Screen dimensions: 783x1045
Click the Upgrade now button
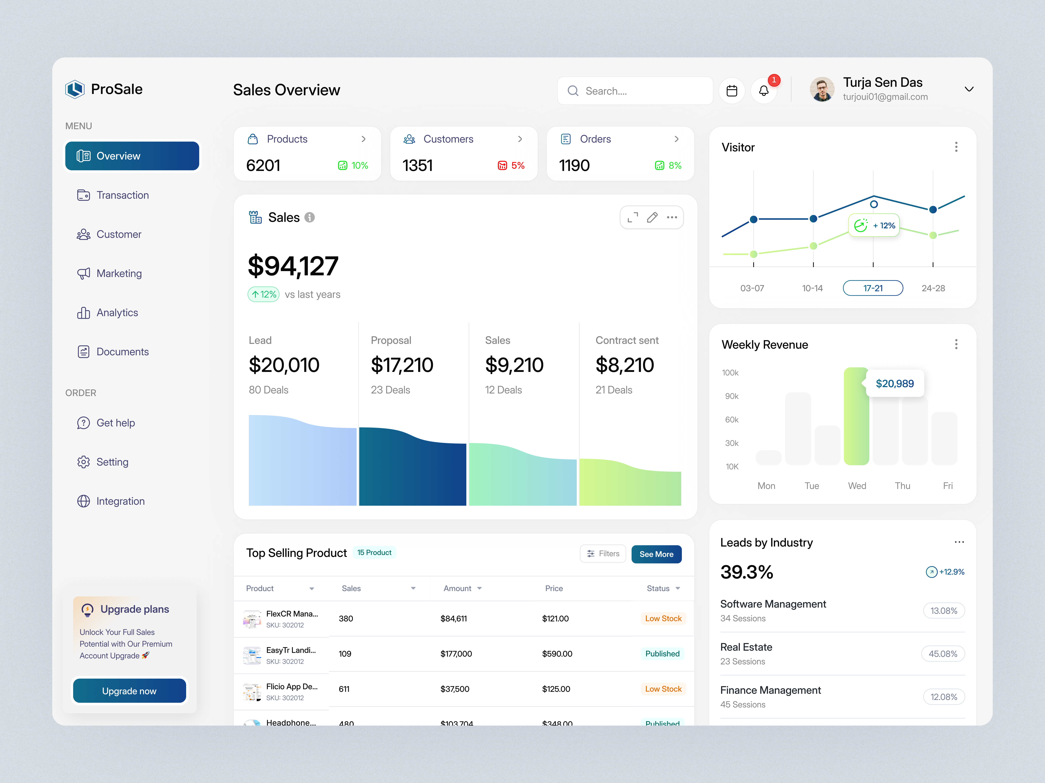129,691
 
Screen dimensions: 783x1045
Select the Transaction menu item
122,195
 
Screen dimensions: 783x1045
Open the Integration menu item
121,501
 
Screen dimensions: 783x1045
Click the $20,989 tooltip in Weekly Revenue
895,383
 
